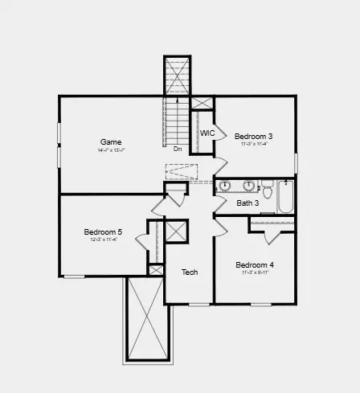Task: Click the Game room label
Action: tap(111, 141)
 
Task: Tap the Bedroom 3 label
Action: tap(253, 137)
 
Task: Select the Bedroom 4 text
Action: tap(254, 264)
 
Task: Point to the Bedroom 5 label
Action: tap(103, 232)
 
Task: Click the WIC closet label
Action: tap(207, 133)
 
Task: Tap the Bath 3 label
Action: tap(247, 203)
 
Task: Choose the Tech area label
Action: tap(190, 272)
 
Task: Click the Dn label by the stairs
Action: tap(177, 149)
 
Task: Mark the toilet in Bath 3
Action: tap(267, 190)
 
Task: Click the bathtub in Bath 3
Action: tap(285, 197)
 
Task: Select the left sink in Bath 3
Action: tap(226, 186)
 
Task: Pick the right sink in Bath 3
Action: tap(248, 186)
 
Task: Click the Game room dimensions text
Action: tap(111, 150)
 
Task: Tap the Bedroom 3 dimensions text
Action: tap(253, 145)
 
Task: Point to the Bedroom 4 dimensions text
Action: tap(254, 273)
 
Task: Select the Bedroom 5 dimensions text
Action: tap(103, 240)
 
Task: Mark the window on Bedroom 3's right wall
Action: tap(296, 162)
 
